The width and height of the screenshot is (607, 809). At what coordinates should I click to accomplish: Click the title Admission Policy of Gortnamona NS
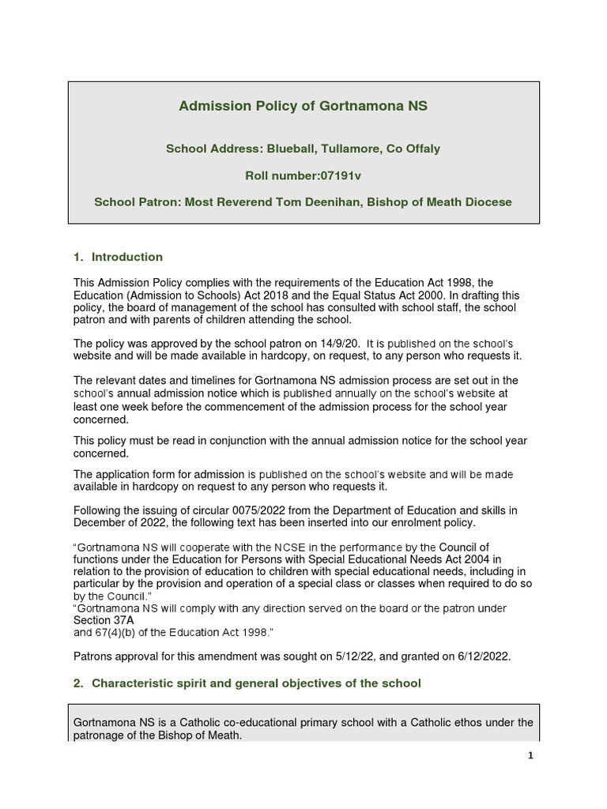pyautogui.click(x=303, y=106)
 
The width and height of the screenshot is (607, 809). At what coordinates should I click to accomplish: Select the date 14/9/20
pyautogui.click(x=337, y=344)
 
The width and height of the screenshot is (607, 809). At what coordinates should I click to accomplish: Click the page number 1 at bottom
pyautogui.click(x=531, y=755)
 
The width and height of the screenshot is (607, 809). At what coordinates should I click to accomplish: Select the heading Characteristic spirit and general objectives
pyautogui.click(x=256, y=683)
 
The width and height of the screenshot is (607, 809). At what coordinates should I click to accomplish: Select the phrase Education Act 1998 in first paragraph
pyautogui.click(x=444, y=282)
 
